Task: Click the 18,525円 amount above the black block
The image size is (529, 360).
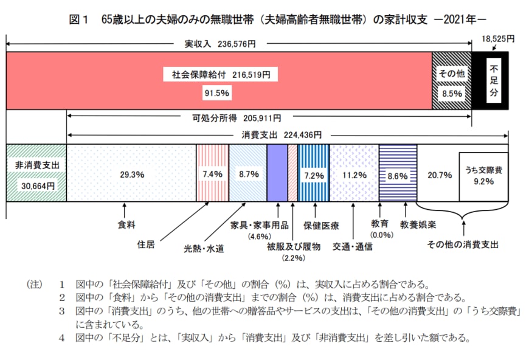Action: [497, 38]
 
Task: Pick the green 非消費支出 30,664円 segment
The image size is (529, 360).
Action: [35, 174]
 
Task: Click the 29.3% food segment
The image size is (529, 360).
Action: [131, 174]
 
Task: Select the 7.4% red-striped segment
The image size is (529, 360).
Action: [212, 174]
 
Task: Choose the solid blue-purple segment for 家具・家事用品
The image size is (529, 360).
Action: [277, 173]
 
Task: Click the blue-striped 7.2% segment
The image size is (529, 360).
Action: [313, 174]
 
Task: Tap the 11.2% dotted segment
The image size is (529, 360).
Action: [353, 174]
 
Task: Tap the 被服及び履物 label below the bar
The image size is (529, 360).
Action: [292, 247]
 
